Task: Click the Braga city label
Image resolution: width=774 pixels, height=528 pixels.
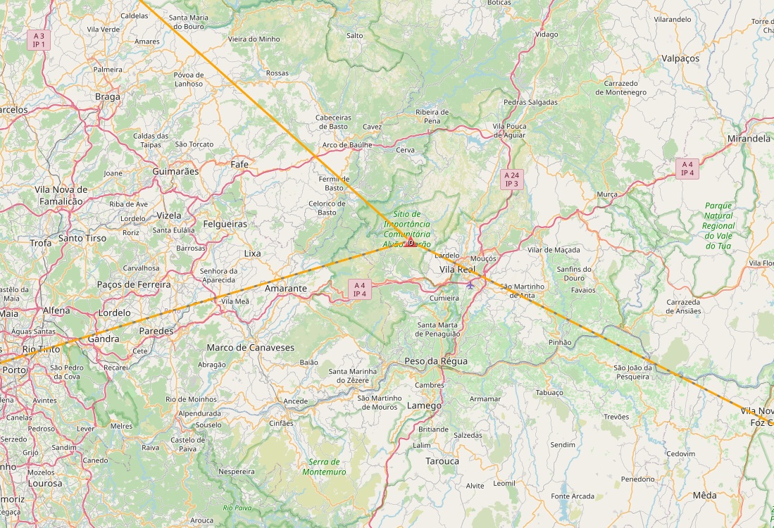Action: click(107, 97)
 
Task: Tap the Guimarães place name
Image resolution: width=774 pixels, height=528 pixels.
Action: click(175, 171)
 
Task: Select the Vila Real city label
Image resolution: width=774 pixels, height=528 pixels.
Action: click(457, 270)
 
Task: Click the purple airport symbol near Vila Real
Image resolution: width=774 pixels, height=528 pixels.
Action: click(470, 284)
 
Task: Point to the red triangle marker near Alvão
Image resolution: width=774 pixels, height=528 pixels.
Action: click(410, 244)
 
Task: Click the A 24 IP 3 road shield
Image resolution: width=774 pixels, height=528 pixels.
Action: click(511, 179)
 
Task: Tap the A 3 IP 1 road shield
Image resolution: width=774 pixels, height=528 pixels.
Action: click(38, 39)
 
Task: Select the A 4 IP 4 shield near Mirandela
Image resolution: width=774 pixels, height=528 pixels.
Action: click(687, 168)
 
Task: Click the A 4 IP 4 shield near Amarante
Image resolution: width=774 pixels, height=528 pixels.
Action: click(360, 289)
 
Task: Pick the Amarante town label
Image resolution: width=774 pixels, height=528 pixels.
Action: click(285, 289)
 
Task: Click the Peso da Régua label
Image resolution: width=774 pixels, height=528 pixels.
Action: click(436, 361)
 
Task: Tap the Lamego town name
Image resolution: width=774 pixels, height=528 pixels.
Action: click(424, 406)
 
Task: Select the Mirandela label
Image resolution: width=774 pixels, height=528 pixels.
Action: click(749, 139)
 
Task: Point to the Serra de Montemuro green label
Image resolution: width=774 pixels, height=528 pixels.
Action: click(324, 467)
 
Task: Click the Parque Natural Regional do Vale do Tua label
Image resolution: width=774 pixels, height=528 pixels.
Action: click(718, 225)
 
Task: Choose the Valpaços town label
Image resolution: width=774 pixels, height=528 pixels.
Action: click(680, 58)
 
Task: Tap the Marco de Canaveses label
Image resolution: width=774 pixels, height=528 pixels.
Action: click(250, 348)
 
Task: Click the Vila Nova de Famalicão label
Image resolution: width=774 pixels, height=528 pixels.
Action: click(61, 195)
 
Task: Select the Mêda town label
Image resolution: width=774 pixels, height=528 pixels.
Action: click(704, 496)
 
